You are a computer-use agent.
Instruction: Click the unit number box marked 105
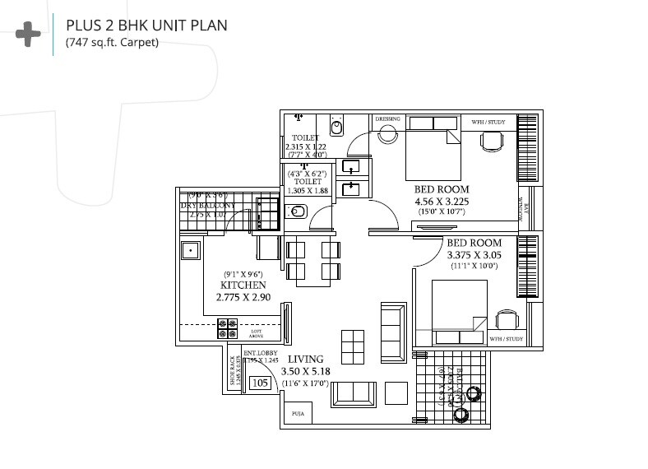pyautogui.click(x=260, y=383)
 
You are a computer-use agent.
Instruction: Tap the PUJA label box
pyautogui.click(x=297, y=414)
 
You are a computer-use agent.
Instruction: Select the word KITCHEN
pyautogui.click(x=243, y=285)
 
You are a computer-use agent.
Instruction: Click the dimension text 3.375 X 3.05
pyautogui.click(x=474, y=255)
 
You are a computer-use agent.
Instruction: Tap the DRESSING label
pyautogui.click(x=387, y=119)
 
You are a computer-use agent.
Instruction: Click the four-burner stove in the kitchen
pyautogui.click(x=227, y=329)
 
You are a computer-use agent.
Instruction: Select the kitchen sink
pyautogui.click(x=191, y=249)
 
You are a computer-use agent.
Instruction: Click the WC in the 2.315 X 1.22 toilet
pyautogui.click(x=336, y=128)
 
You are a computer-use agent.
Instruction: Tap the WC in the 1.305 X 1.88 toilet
pyautogui.click(x=298, y=212)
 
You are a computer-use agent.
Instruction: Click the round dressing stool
pyautogui.click(x=387, y=136)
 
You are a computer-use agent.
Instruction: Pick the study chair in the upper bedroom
pyautogui.click(x=492, y=141)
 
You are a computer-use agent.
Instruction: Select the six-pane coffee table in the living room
pyautogui.click(x=353, y=342)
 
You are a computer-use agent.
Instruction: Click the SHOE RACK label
pyautogui.click(x=235, y=371)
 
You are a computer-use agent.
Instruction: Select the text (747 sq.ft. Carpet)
pyautogui.click(x=112, y=43)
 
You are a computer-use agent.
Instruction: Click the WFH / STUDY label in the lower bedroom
pyautogui.click(x=506, y=338)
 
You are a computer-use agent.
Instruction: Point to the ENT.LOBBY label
pyautogui.click(x=261, y=354)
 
